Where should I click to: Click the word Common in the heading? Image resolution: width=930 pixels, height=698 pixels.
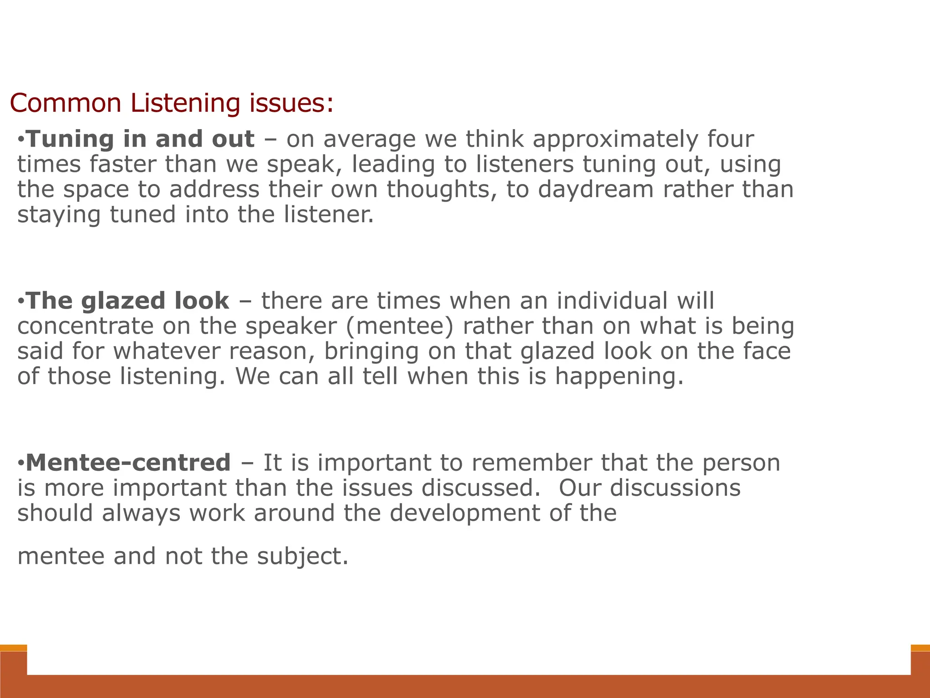tap(65, 103)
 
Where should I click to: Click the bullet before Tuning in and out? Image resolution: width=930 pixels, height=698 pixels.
tap(21, 139)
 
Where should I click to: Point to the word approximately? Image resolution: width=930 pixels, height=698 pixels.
tap(615, 140)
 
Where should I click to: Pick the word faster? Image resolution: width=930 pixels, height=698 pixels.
tap(122, 164)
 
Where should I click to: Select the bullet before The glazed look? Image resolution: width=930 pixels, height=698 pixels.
tap(21, 301)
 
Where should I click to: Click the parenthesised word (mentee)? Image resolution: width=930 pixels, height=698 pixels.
tap(395, 327)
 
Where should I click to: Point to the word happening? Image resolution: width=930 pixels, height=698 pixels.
tap(619, 377)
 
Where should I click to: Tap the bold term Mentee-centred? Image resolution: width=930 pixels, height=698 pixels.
tap(129, 463)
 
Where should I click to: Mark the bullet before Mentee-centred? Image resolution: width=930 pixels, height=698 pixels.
tap(21, 463)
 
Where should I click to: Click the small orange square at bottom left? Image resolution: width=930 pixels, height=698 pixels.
tap(13, 648)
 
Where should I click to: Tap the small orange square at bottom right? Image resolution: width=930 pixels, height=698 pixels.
tap(920, 648)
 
